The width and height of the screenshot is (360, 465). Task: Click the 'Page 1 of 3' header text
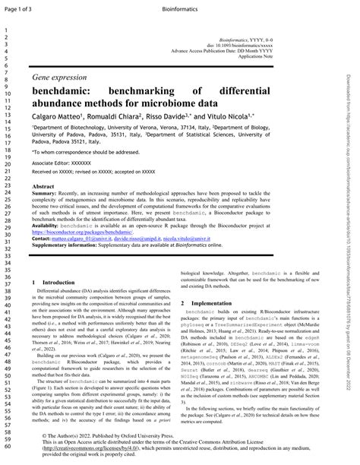[x=21, y=7]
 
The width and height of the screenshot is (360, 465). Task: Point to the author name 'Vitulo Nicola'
[x=226, y=118]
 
